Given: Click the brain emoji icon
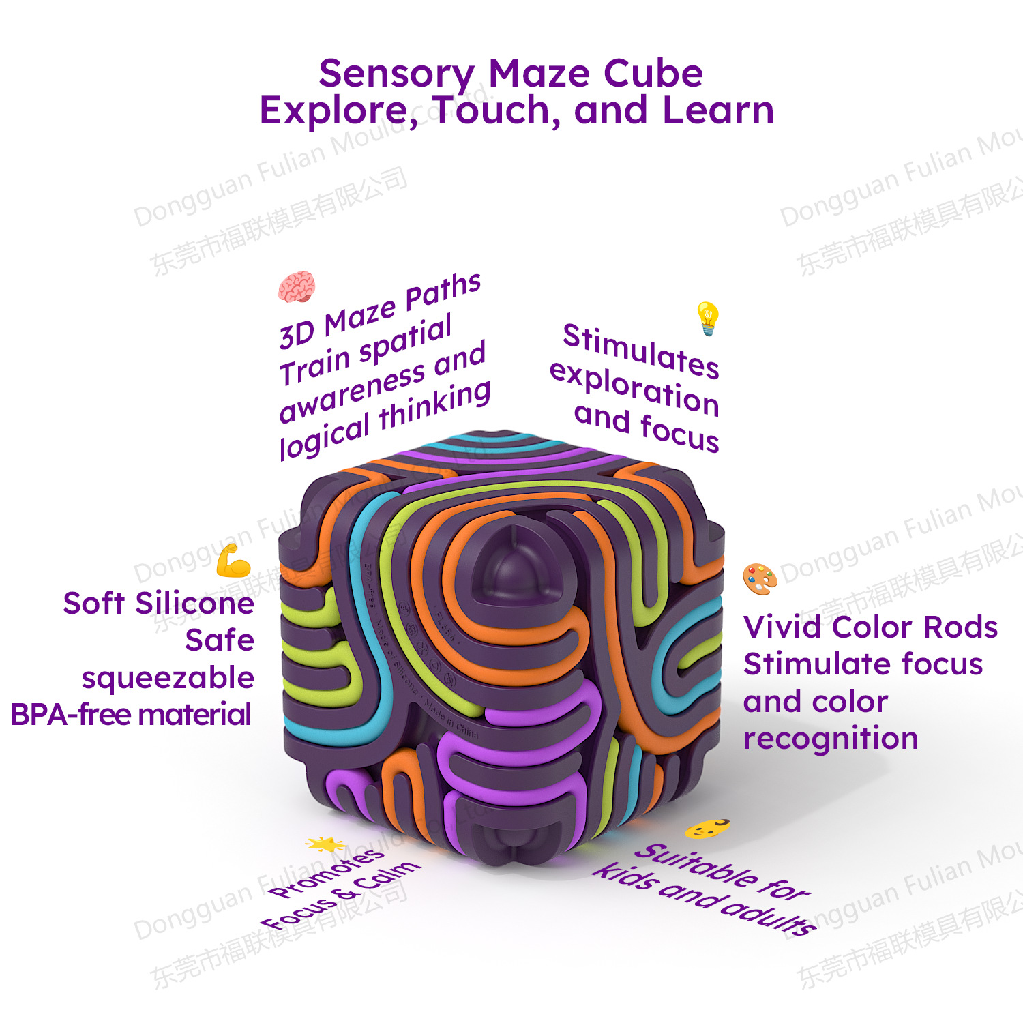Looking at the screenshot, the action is click(x=297, y=286).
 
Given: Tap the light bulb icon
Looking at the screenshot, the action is click(x=708, y=318).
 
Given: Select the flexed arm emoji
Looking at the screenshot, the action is click(x=233, y=561).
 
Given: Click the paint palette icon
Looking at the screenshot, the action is click(x=760, y=579).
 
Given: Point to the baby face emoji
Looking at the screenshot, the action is click(x=707, y=828).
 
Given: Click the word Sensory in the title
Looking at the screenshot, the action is click(x=397, y=74).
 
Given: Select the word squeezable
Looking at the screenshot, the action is click(x=168, y=678).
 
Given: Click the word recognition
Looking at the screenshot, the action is click(x=831, y=739).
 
